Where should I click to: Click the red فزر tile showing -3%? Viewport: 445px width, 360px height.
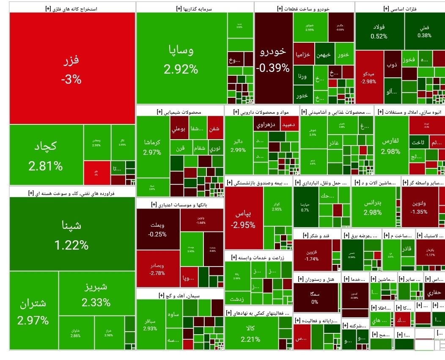click(x=72, y=69)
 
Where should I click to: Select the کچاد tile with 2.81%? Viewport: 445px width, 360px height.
click(x=46, y=155)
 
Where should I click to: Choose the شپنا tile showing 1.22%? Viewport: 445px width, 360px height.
click(x=71, y=234)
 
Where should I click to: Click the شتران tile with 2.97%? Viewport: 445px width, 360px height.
click(x=33, y=311)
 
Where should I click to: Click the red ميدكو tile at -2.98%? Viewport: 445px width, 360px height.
click(x=368, y=77)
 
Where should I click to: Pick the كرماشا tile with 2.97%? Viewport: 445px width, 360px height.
click(x=152, y=148)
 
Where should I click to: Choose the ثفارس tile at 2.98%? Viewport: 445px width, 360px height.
click(x=391, y=146)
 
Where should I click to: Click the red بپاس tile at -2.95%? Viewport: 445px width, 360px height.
click(x=243, y=219)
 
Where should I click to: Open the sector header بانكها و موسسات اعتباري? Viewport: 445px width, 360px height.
click(x=180, y=204)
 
